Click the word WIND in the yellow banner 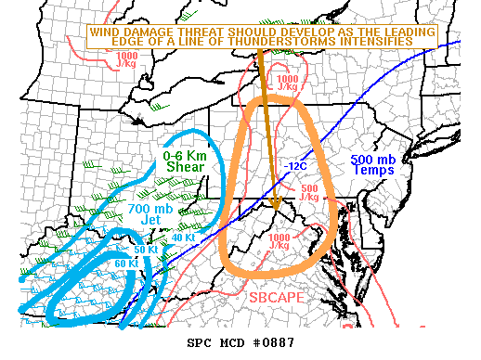(105, 32)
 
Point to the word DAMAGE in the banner (149, 32)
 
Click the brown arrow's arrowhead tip (275, 208)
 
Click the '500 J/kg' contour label (311, 193)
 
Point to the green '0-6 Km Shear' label (185, 160)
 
